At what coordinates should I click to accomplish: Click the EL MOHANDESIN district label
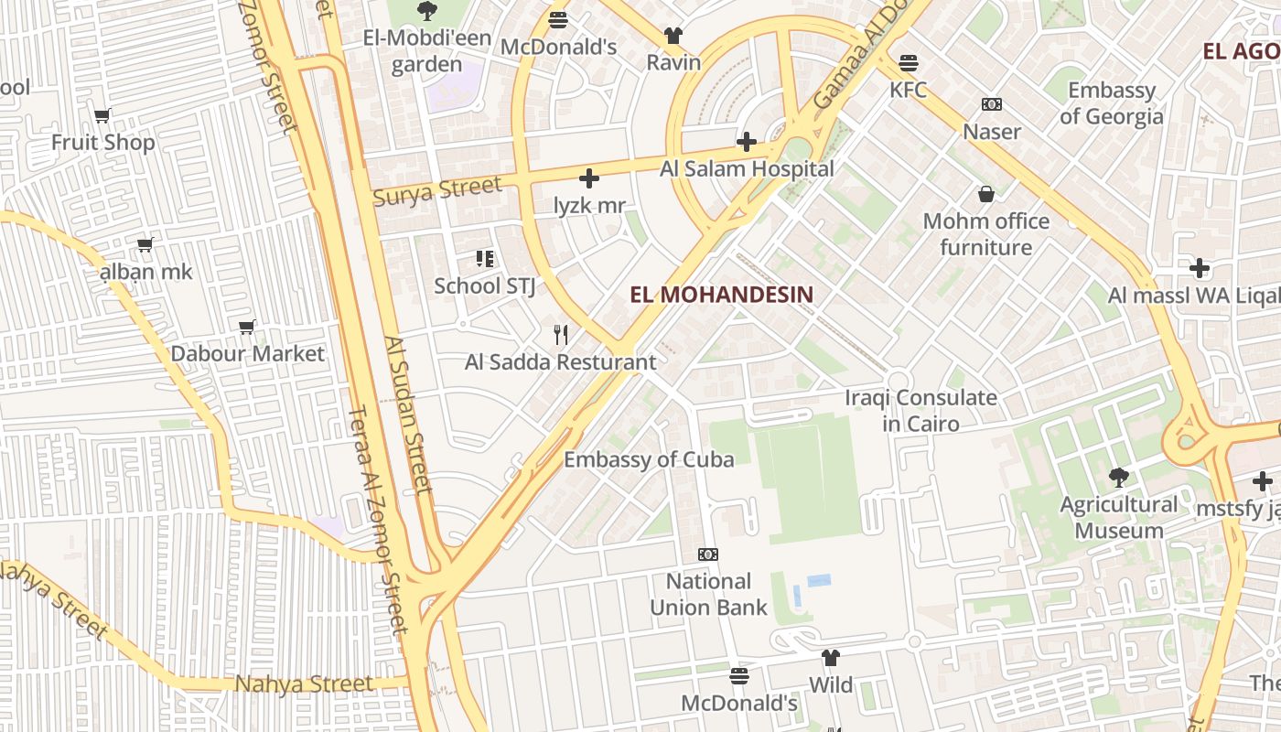[721, 295]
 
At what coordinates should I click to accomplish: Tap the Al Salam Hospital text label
[747, 169]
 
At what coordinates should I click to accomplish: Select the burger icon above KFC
[908, 63]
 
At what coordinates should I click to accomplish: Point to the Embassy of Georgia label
[1111, 103]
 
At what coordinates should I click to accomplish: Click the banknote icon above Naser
[991, 104]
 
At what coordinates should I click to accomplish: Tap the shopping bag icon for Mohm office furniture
[985, 194]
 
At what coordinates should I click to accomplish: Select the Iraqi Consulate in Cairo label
[920, 411]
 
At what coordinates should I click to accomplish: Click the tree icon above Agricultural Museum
[1117, 477]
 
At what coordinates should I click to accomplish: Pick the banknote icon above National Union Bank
[707, 554]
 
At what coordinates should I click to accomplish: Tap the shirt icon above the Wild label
[830, 657]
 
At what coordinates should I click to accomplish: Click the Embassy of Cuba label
[649, 459]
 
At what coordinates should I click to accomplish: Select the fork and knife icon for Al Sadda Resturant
[561, 335]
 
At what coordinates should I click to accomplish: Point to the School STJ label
[484, 285]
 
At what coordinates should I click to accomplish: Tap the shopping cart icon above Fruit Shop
[102, 115]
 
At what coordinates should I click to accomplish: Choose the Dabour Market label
[247, 353]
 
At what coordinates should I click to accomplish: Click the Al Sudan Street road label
[408, 414]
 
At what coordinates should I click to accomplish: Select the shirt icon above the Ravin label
[673, 36]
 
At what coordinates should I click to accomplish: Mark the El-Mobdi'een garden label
[427, 51]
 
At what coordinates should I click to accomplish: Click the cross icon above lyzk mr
[589, 178]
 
